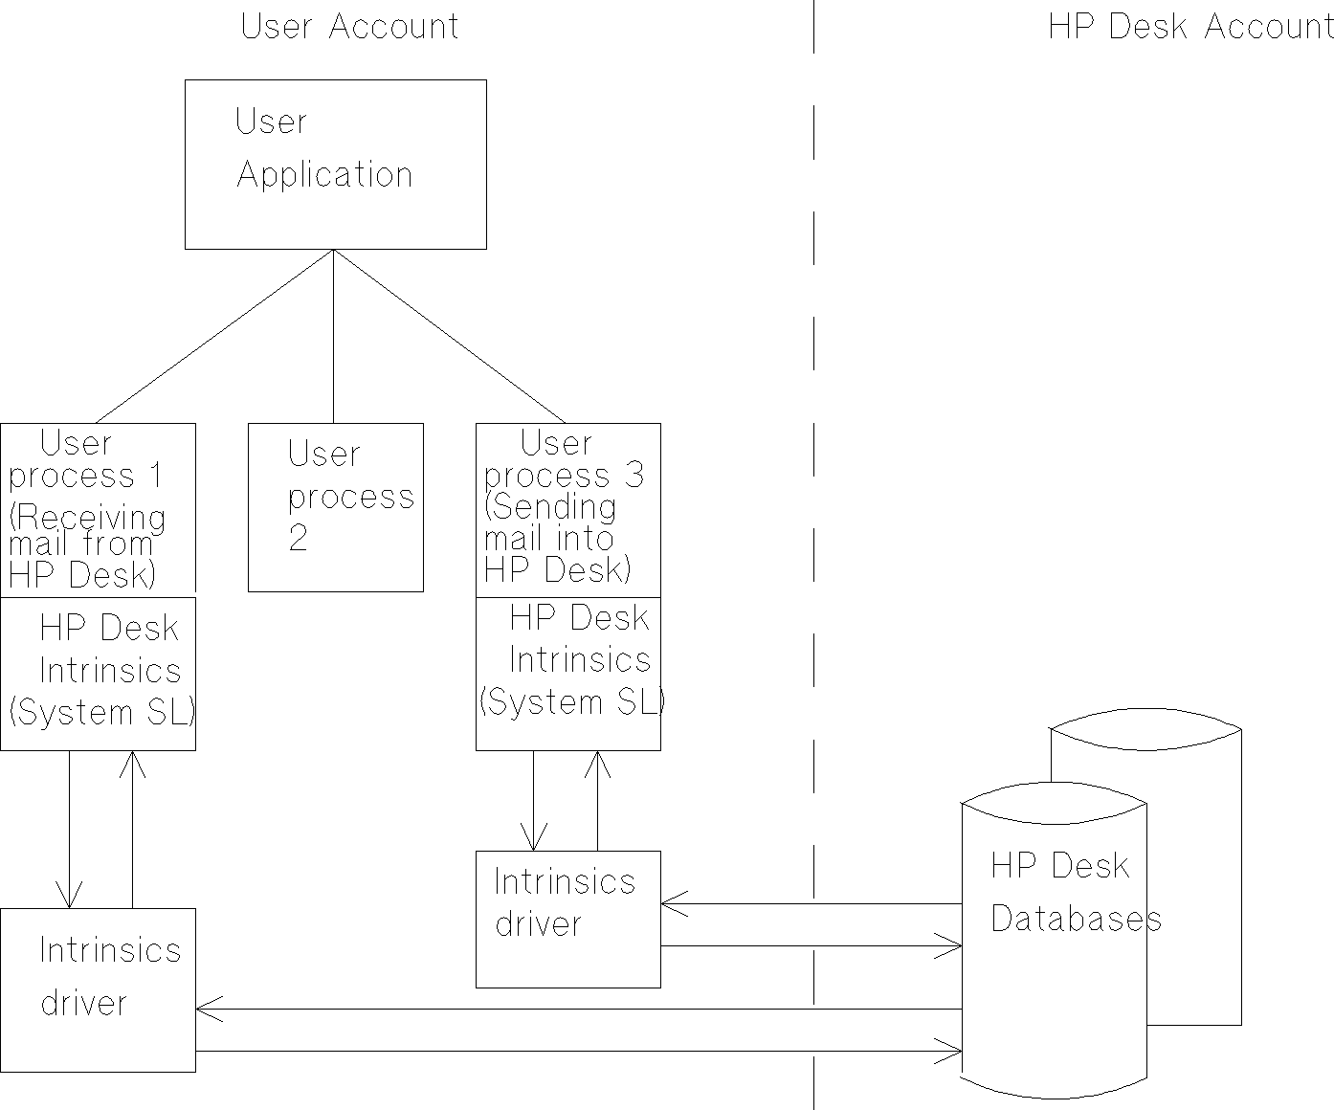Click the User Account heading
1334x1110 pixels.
click(349, 27)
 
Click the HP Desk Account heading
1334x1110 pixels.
click(1189, 27)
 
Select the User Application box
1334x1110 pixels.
click(335, 165)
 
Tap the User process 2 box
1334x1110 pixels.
click(335, 507)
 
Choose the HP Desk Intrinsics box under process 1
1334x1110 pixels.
click(99, 674)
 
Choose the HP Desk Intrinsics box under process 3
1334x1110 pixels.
click(568, 674)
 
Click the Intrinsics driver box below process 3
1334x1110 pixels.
click(568, 919)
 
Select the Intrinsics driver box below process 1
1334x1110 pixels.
click(99, 989)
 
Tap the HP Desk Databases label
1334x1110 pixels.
click(1072, 892)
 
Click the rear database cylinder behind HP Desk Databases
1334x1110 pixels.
click(1196, 861)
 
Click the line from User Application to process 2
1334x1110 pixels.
click(333, 335)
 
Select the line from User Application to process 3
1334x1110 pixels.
click(450, 336)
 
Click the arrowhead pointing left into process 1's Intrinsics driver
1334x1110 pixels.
click(205, 1009)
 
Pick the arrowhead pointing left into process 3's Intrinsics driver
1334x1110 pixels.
click(671, 903)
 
